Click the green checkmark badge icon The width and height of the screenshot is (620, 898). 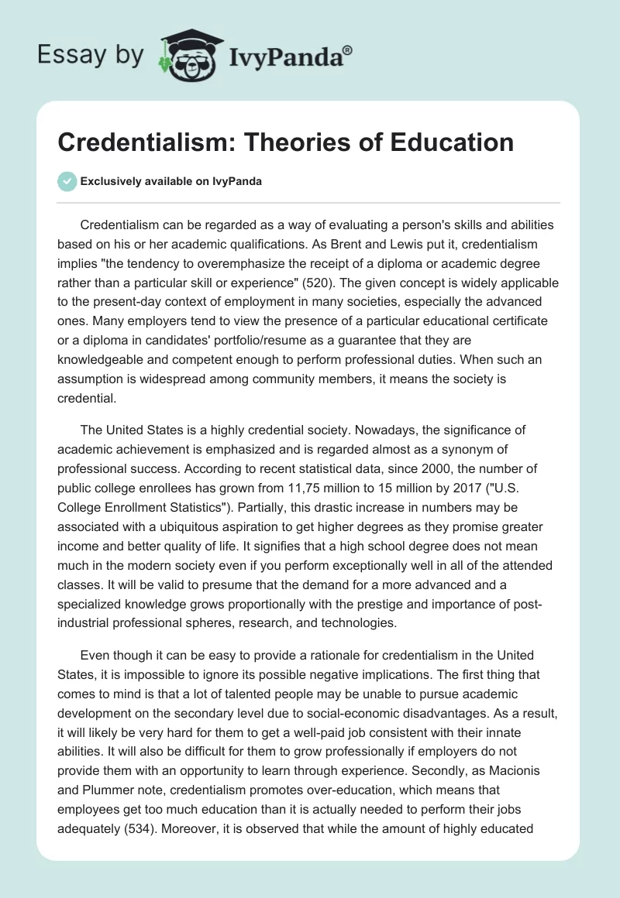(x=67, y=181)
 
